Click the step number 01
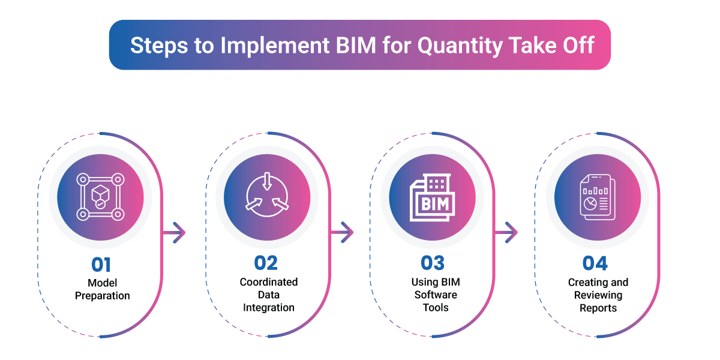101,264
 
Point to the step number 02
268,264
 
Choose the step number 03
434,264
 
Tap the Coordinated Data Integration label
268,295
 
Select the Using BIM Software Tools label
434,295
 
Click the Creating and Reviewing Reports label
598,295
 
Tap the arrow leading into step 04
509,232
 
